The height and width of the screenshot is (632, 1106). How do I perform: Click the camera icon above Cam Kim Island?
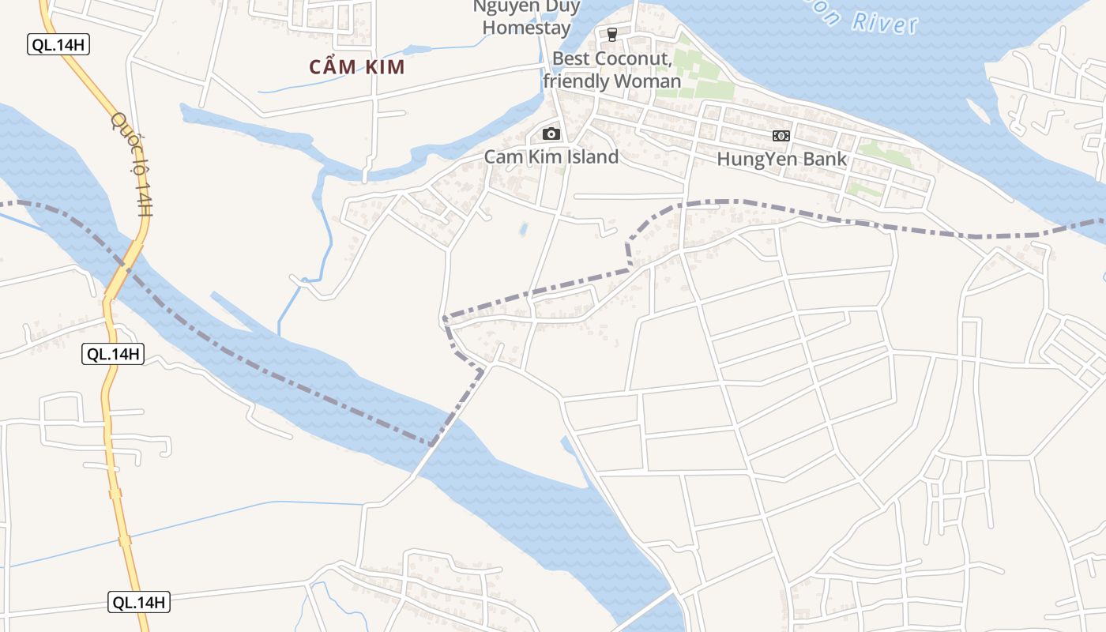point(551,134)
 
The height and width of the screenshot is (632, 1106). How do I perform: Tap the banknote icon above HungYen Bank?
point(781,136)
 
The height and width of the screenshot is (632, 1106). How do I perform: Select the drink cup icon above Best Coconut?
point(611,34)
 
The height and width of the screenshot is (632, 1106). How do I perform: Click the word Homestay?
point(526,28)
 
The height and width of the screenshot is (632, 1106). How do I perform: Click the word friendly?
point(576,81)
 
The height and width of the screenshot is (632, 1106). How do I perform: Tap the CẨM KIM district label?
point(357,67)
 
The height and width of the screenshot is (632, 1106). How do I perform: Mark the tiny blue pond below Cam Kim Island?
point(522,229)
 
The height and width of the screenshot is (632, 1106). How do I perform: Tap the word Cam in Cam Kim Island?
point(502,156)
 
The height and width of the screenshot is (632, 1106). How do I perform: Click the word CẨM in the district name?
point(331,67)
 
